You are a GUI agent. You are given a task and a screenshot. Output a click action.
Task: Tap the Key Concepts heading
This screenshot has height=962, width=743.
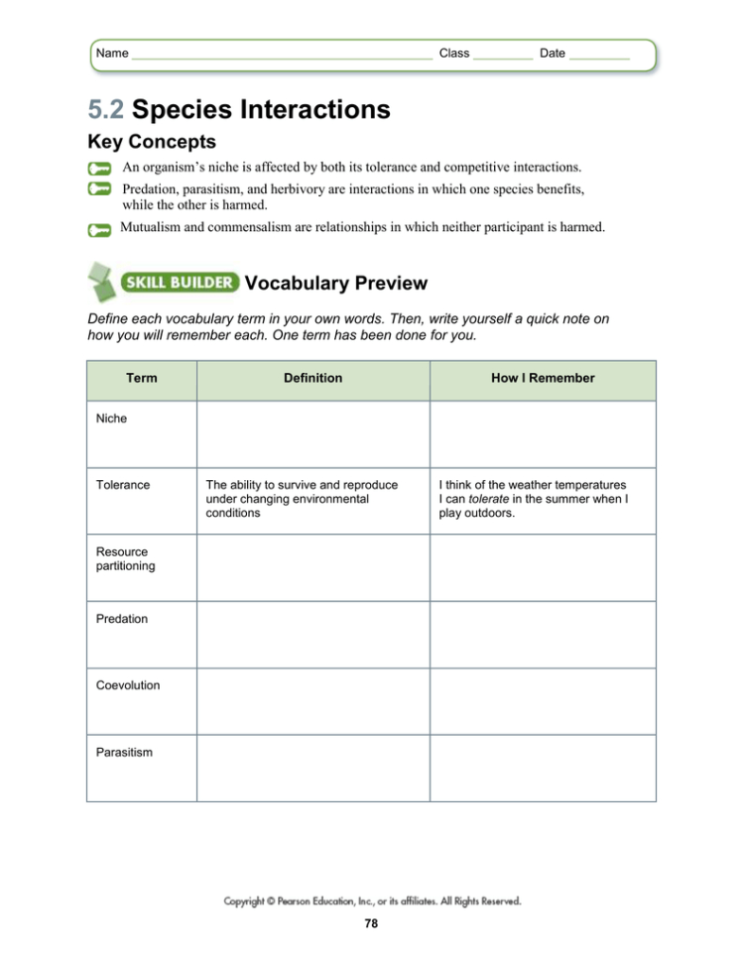tap(152, 142)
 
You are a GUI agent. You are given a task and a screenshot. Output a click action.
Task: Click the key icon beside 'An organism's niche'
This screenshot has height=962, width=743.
tap(99, 169)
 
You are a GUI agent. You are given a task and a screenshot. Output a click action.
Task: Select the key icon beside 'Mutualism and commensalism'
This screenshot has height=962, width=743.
tap(99, 230)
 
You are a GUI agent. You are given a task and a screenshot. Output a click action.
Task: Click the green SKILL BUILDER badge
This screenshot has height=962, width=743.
tap(179, 283)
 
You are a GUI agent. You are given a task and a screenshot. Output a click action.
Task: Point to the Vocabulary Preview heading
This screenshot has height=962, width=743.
tap(335, 284)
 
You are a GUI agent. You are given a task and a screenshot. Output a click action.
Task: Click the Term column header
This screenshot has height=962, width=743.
tap(141, 378)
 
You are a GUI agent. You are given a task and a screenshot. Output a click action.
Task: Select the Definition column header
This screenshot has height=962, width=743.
tap(312, 378)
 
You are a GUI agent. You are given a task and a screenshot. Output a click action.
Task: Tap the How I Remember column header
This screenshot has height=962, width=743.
tap(543, 378)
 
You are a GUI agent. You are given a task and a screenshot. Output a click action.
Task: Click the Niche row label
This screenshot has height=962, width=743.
tap(111, 419)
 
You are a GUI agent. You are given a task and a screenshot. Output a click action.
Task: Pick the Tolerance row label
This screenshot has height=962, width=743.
tap(123, 485)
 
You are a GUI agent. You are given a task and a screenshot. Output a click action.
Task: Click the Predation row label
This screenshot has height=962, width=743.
tap(121, 619)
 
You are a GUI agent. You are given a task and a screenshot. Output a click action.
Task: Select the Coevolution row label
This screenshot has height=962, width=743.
tap(128, 685)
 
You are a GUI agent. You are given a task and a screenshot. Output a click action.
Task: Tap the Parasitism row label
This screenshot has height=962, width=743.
tap(124, 752)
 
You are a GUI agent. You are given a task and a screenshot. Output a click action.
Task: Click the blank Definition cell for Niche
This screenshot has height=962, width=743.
tap(312, 433)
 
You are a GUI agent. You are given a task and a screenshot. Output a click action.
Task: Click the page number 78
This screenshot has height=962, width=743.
tap(371, 924)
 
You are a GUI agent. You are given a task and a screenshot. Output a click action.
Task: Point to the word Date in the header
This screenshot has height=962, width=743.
tap(553, 54)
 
